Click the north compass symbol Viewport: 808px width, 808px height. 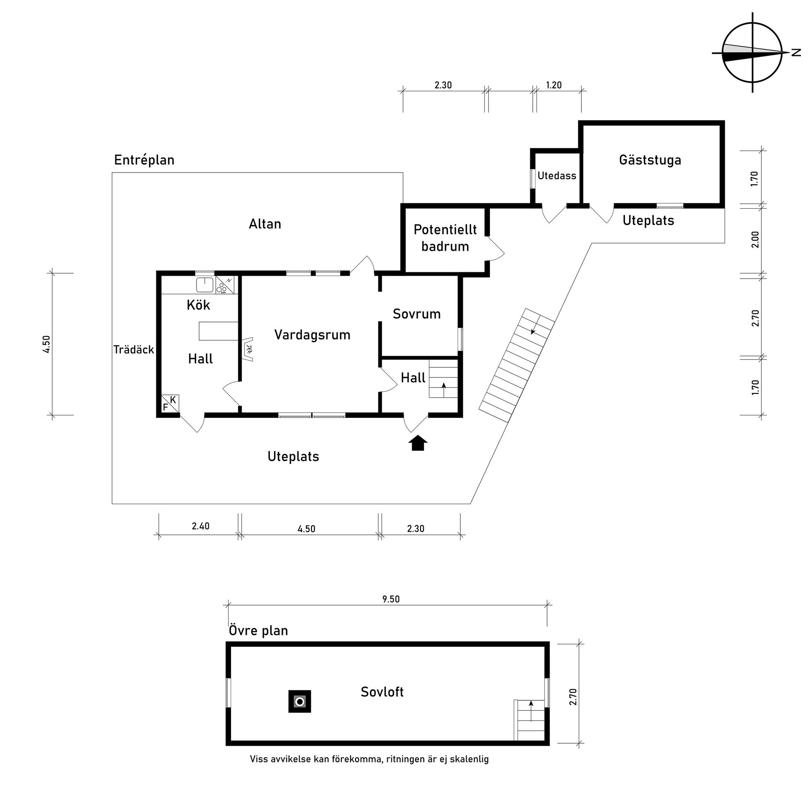752,53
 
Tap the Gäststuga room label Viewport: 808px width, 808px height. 650,160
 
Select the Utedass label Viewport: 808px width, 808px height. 557,176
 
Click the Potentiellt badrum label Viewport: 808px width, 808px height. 445,238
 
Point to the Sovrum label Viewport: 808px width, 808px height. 417,314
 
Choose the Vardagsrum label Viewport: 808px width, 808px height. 312,335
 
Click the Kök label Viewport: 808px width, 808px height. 198,305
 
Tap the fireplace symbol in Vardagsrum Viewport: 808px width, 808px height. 248,349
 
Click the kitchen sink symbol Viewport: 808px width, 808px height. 205,285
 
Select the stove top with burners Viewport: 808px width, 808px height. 225,285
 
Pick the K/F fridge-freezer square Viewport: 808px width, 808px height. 170,403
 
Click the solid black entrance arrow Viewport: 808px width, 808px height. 418,443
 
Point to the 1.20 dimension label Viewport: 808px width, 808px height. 554,85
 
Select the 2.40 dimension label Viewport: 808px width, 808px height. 201,526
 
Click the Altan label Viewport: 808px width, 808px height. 265,224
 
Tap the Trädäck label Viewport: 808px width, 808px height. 134,350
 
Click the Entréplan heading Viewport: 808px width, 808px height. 144,160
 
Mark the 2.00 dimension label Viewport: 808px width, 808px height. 755,239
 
